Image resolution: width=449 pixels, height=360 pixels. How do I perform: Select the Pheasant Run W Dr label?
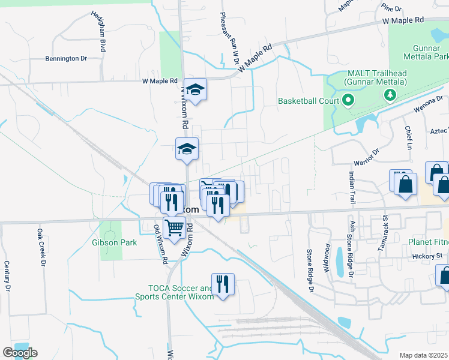[x=231, y=38]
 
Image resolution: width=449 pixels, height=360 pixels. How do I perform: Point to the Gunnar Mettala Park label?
[x=430, y=52]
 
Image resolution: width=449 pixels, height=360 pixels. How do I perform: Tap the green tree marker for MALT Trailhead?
[x=390, y=94]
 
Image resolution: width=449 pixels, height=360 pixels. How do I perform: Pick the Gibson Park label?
[x=115, y=243]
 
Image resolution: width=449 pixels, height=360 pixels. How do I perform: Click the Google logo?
[x=20, y=353]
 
